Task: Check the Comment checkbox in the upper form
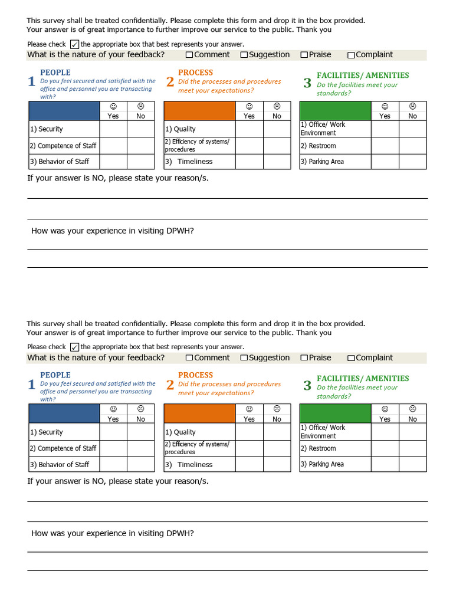[189, 55]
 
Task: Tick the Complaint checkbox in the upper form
[351, 55]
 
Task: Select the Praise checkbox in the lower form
[304, 358]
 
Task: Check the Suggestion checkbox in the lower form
[244, 358]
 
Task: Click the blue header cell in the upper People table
[64, 111]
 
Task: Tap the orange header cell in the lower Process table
[199, 413]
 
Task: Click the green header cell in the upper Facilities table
[336, 111]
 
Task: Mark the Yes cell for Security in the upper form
[113, 129]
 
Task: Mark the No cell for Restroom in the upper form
[412, 146]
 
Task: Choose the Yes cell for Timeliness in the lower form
[250, 464]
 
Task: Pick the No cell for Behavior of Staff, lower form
[140, 464]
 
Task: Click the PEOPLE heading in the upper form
[55, 73]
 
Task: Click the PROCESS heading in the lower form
[195, 375]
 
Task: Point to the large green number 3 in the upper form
[307, 83]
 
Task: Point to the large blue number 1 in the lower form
[32, 385]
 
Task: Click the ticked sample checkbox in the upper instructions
[74, 44]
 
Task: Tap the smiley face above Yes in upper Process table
[250, 106]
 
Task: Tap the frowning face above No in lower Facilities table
[412, 409]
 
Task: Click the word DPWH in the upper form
[182, 231]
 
